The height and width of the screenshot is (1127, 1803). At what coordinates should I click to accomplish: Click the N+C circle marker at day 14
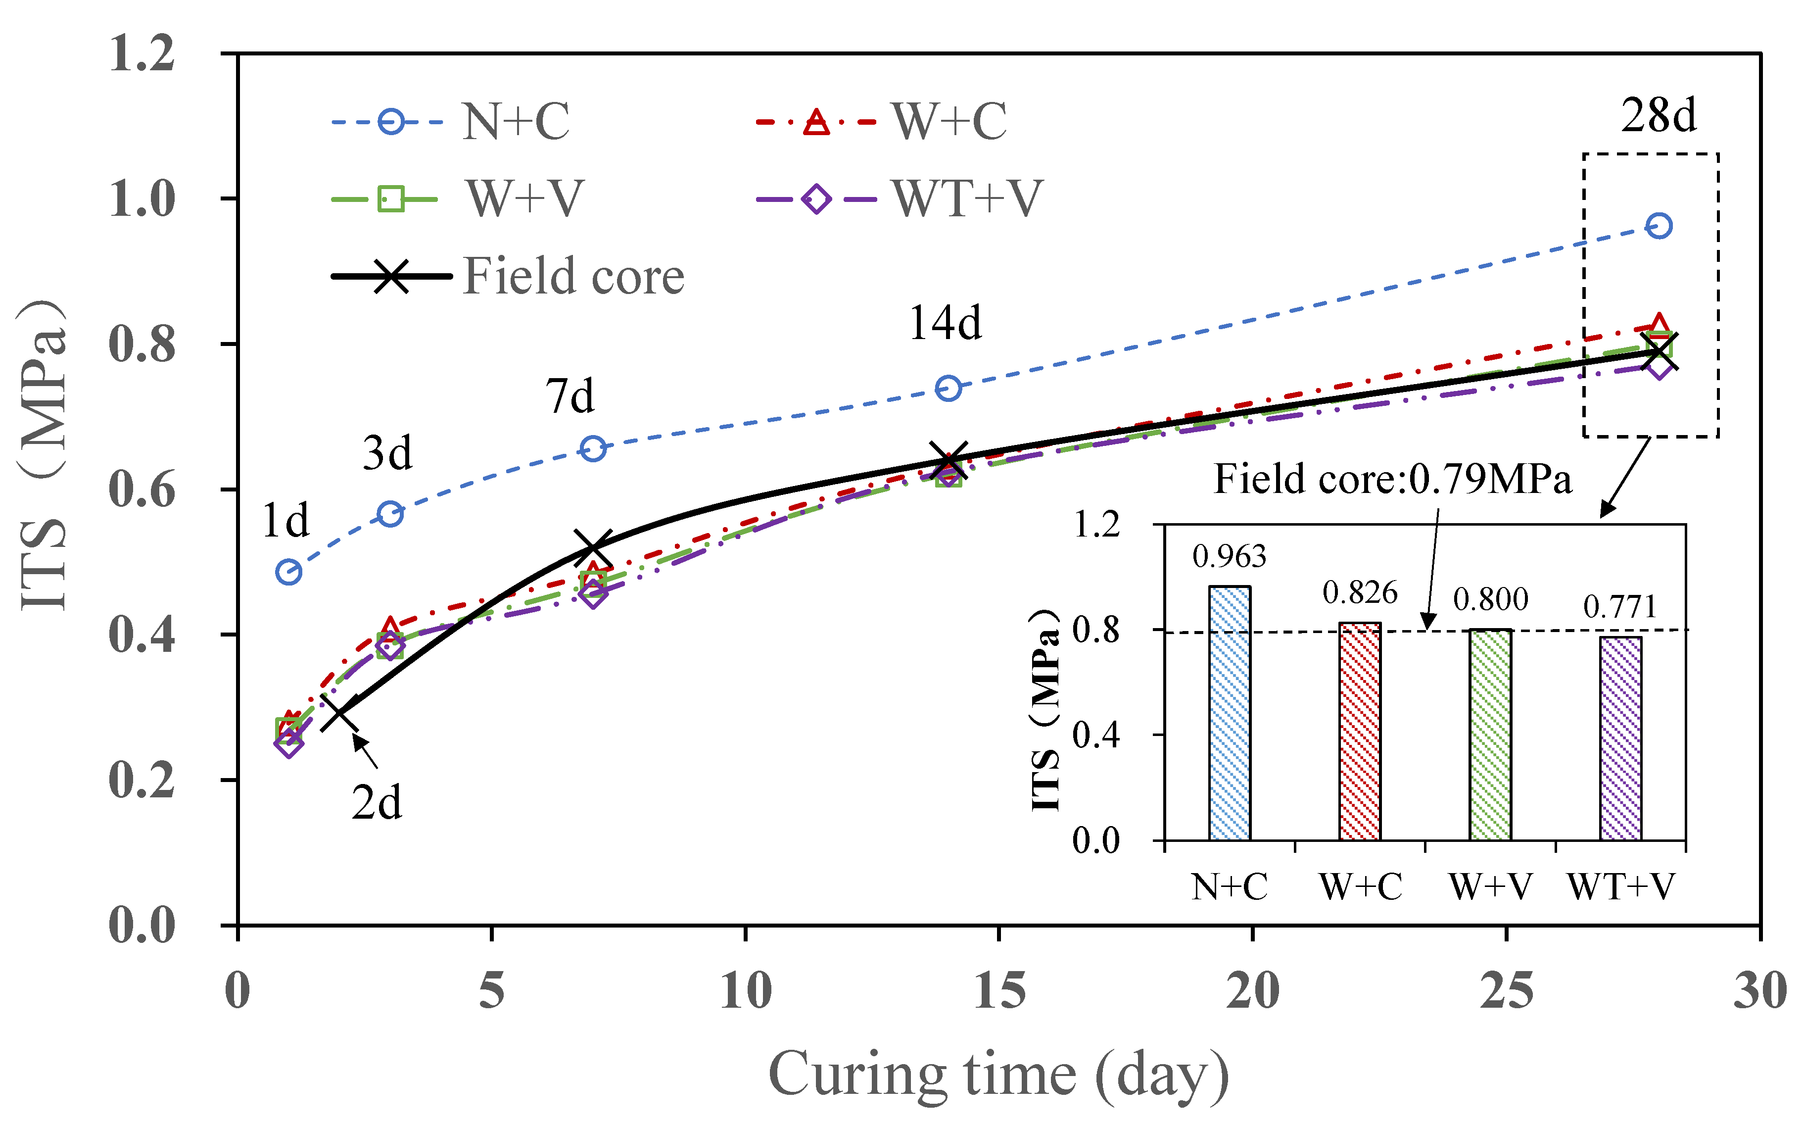948,389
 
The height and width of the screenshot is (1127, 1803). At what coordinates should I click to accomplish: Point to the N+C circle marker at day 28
1659,226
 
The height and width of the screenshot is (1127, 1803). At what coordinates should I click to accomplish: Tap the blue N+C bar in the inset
1230,713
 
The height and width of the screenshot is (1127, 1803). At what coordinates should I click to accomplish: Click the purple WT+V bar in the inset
1620,738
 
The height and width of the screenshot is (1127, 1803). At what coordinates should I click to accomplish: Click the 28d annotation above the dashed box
1659,116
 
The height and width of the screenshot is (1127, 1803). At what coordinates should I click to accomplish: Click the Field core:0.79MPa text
1392,479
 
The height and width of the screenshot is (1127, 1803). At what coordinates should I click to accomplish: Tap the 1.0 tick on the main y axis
142,199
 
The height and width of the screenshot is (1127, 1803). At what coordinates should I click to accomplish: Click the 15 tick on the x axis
999,992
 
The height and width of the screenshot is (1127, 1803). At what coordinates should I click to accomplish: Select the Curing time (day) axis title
998,1075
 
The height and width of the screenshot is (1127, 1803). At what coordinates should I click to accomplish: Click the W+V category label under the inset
1490,887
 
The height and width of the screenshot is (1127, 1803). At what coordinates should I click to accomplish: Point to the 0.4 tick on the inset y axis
1095,735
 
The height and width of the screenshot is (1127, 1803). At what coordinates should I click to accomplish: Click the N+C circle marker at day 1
288,573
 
